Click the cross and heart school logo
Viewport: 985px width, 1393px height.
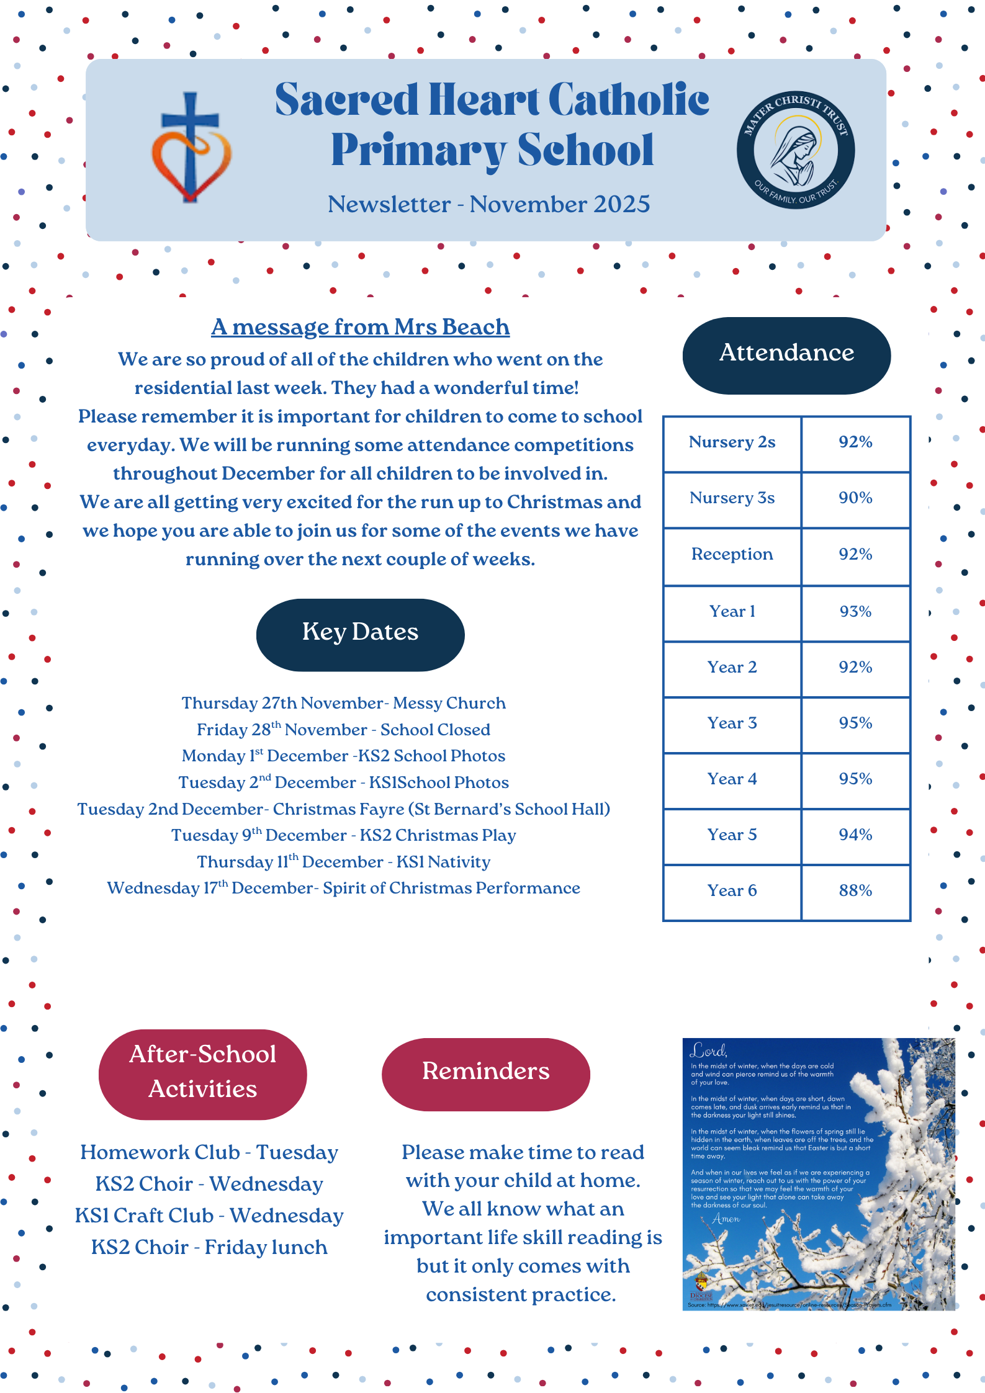pyautogui.click(x=191, y=149)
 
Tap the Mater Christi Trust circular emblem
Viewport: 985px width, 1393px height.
pyautogui.click(x=795, y=150)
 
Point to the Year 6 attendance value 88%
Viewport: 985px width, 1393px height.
pyautogui.click(x=855, y=890)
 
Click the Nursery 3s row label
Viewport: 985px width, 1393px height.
pyautogui.click(x=732, y=498)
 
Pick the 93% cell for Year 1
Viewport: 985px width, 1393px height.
pyautogui.click(x=855, y=612)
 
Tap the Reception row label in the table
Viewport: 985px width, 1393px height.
pyautogui.click(x=732, y=554)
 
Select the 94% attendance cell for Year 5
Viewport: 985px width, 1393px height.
pyautogui.click(x=855, y=835)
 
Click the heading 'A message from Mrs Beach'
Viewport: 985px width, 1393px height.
pyautogui.click(x=360, y=327)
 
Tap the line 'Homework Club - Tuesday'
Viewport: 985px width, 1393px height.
pyautogui.click(x=209, y=1152)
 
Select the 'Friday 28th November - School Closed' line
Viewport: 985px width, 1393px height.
pyautogui.click(x=343, y=730)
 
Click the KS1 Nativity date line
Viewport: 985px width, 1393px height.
pyautogui.click(x=343, y=862)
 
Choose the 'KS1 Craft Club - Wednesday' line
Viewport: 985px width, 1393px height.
pyautogui.click(x=209, y=1216)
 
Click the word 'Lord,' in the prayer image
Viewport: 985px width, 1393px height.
pyautogui.click(x=708, y=1051)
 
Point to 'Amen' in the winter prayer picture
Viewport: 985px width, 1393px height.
pyautogui.click(x=726, y=1219)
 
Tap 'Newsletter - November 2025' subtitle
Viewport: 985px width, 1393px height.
pyautogui.click(x=488, y=204)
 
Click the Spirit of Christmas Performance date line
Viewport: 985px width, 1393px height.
pyautogui.click(x=343, y=889)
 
